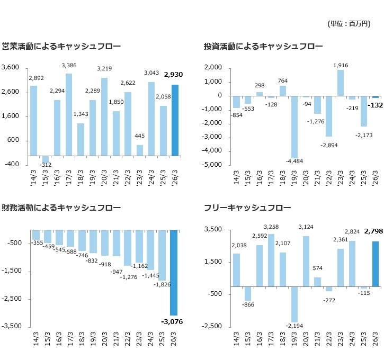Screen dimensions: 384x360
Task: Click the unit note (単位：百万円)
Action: coord(349,24)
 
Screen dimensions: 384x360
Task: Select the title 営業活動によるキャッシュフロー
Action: coord(61,46)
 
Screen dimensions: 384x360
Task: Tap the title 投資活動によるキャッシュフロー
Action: coord(263,46)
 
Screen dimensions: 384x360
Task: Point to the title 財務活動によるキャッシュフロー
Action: coord(61,208)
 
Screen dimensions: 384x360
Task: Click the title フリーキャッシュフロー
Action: coord(247,208)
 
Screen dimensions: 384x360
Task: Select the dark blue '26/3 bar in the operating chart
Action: coord(175,120)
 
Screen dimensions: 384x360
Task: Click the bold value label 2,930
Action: coord(173,75)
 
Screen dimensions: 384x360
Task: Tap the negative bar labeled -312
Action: coord(46,159)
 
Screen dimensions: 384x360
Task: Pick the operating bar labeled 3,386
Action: coord(69,115)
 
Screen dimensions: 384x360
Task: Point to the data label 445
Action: coord(140,136)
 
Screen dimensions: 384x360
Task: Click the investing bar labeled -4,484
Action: coord(294,127)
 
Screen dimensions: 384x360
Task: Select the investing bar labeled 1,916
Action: coord(341,83)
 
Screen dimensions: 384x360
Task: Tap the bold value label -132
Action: coord(375,105)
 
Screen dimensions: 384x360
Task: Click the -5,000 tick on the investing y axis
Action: coord(211,165)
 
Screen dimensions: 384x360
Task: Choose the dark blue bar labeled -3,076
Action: coord(174,273)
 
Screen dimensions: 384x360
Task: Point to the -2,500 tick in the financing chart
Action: coord(12,299)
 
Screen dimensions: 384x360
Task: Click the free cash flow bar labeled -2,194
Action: coord(294,304)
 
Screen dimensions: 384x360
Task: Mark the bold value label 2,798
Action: coord(373,231)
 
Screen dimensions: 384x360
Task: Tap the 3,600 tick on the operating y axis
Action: coord(10,67)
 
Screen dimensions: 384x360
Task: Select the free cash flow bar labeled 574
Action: coord(317,282)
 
